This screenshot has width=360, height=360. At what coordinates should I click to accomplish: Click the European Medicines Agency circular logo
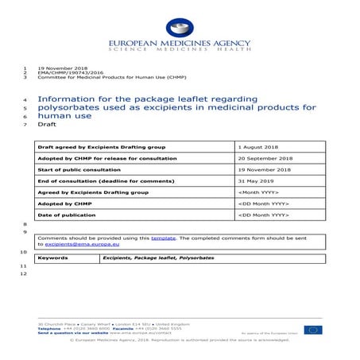tap(179, 28)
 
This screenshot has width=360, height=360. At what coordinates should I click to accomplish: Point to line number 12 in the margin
tap(25, 273)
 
